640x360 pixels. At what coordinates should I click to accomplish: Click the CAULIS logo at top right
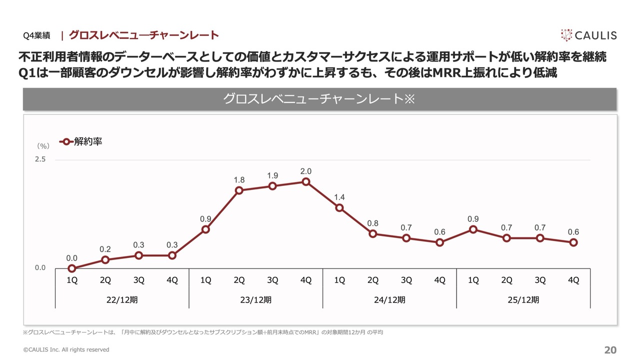pyautogui.click(x=588, y=35)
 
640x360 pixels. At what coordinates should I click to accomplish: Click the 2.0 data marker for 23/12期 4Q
pyautogui.click(x=306, y=181)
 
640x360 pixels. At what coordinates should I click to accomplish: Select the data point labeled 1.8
pyautogui.click(x=239, y=190)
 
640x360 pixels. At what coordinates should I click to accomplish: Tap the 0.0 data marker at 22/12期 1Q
pyautogui.click(x=72, y=268)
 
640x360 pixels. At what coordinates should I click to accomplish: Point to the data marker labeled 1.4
pyautogui.click(x=339, y=207)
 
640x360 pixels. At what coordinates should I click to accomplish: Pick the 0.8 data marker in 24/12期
pyautogui.click(x=373, y=233)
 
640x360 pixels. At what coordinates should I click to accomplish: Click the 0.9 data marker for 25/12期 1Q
pyautogui.click(x=473, y=229)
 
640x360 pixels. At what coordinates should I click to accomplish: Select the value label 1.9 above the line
pyautogui.click(x=272, y=175)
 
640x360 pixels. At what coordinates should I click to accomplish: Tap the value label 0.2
pyautogui.click(x=105, y=249)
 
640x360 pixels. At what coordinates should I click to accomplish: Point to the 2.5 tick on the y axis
pyautogui.click(x=40, y=159)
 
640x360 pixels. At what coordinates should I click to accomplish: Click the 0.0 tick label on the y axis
pyautogui.click(x=40, y=268)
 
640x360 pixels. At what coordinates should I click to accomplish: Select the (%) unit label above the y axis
pyautogui.click(x=43, y=146)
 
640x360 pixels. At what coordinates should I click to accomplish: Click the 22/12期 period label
pyautogui.click(x=122, y=300)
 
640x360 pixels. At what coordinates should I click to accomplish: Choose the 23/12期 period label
pyautogui.click(x=255, y=300)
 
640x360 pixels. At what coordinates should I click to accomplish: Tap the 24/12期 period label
pyautogui.click(x=389, y=300)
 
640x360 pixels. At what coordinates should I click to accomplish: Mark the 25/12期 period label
pyautogui.click(x=523, y=300)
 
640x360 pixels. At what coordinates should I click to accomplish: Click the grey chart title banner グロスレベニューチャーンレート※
pyautogui.click(x=319, y=99)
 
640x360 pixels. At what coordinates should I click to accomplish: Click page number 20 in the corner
pyautogui.click(x=610, y=350)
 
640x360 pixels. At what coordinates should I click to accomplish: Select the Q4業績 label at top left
pyautogui.click(x=36, y=35)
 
